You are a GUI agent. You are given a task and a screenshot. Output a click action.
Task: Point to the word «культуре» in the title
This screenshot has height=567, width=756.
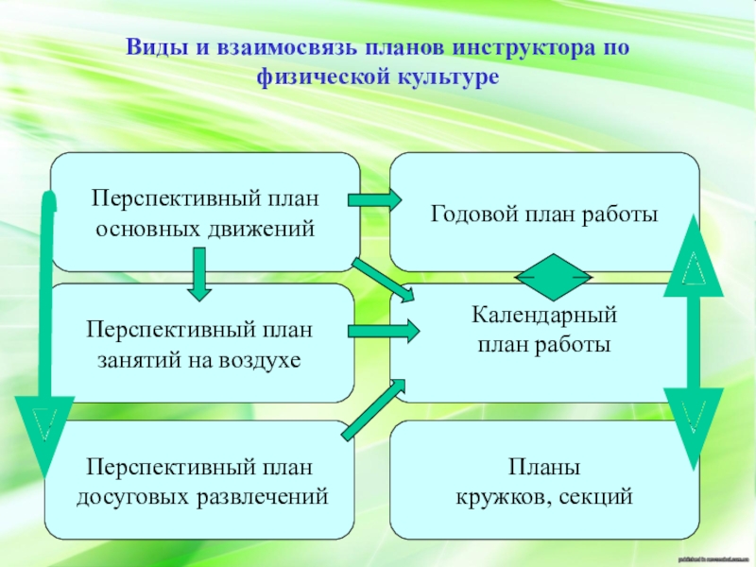445,75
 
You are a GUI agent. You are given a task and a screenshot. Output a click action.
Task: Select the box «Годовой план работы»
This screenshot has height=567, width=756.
545,214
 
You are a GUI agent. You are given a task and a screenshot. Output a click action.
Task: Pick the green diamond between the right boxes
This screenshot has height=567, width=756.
553,277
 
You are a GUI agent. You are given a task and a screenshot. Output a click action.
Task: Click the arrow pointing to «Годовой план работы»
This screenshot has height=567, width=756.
374,200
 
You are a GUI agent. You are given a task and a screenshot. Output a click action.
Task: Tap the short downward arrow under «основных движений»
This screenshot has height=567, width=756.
198,273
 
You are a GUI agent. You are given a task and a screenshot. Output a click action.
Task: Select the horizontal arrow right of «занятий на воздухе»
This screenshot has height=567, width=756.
384,331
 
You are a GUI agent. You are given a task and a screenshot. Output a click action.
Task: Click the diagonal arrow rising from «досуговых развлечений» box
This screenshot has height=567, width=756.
372,408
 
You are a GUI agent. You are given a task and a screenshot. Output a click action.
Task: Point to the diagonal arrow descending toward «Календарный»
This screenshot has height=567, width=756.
382,281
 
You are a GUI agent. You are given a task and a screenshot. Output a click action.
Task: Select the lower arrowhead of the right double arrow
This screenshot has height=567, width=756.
693,426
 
